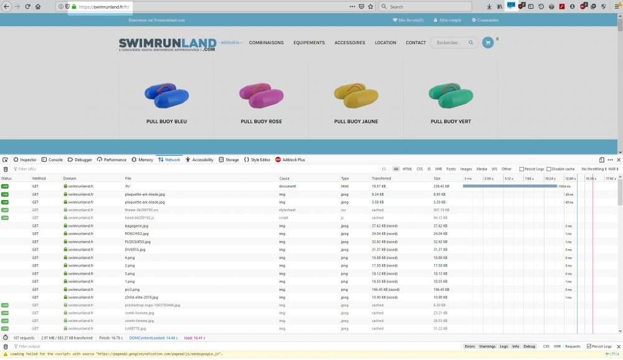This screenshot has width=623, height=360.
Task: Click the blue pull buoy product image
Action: point(166,93)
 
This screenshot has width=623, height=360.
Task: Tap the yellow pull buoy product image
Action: point(356,93)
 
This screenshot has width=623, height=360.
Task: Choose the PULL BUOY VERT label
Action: point(450,121)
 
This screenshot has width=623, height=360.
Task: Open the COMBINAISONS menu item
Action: point(266,43)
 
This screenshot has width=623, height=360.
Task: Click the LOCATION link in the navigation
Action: point(385,43)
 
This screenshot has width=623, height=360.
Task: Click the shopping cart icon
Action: point(487,43)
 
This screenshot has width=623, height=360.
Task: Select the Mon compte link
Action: point(450,20)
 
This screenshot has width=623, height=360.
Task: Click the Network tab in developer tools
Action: point(169,160)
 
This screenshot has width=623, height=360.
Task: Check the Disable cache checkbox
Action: point(549,169)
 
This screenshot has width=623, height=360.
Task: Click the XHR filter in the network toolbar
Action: point(439,169)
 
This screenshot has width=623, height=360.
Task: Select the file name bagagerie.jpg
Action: point(136,226)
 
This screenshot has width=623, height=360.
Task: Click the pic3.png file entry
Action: point(133,290)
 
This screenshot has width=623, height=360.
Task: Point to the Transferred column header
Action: point(382,179)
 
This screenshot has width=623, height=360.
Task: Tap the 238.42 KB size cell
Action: point(442,186)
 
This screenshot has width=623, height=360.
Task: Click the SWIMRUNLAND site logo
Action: point(167,44)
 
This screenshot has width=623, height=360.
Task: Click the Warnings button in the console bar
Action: point(487,346)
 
